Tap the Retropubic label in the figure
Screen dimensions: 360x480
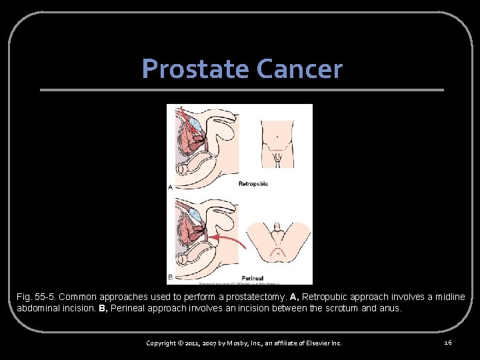(x=253, y=183)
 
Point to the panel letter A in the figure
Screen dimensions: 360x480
(x=170, y=188)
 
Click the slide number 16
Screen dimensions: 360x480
(x=448, y=342)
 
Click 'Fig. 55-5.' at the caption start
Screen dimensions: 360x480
(x=35, y=297)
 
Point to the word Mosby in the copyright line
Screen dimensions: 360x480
(x=231, y=343)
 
